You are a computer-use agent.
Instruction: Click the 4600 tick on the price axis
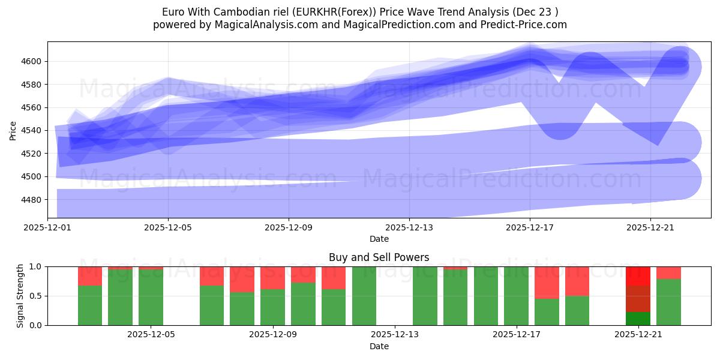click(x=33, y=61)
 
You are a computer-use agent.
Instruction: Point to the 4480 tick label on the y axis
click(x=33, y=200)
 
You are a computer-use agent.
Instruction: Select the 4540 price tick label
click(x=33, y=131)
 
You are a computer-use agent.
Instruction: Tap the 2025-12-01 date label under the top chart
click(x=48, y=227)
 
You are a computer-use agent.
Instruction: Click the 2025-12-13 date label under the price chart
click(x=409, y=227)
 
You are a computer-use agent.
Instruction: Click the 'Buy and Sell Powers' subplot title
click(x=379, y=257)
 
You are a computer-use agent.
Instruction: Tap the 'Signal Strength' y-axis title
click(x=20, y=296)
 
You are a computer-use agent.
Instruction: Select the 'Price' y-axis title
click(x=13, y=130)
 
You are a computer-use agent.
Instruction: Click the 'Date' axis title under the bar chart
click(x=379, y=346)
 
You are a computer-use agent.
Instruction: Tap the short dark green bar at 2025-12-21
click(x=638, y=319)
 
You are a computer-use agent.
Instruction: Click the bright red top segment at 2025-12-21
click(x=638, y=276)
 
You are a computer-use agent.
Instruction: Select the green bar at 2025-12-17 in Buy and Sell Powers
click(x=516, y=296)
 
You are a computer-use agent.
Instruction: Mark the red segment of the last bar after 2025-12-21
click(x=668, y=273)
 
